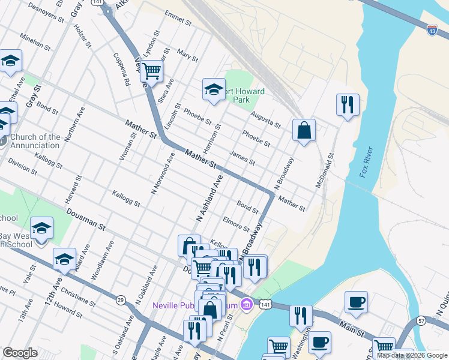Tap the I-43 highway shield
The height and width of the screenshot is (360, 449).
point(432,28)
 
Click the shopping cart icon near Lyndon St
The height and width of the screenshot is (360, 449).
point(152,71)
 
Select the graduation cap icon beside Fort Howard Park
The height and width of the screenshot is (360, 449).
point(213,89)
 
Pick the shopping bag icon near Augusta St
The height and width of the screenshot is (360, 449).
point(304,130)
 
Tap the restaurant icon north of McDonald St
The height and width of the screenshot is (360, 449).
point(348,104)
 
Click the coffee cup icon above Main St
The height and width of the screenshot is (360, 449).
point(356,302)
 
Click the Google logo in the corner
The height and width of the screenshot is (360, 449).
point(20,353)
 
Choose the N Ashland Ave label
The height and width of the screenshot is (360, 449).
point(210,198)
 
